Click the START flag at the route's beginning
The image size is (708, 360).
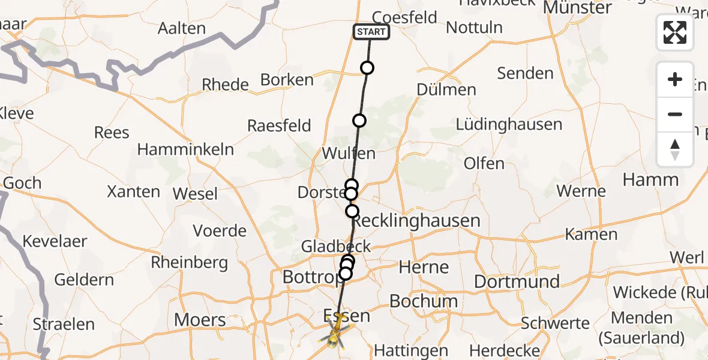tap(371, 32)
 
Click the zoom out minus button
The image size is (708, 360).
tap(675, 114)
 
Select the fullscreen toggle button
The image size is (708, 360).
tap(675, 32)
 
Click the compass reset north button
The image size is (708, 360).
tap(675, 149)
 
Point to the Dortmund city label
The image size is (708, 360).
tap(517, 281)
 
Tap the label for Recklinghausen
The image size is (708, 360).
tap(416, 221)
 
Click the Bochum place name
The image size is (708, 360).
tap(424, 301)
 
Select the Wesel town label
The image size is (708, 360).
tap(195, 194)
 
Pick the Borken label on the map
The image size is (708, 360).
tap(287, 80)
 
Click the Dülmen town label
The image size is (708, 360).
tap(447, 89)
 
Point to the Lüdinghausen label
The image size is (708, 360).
tap(509, 125)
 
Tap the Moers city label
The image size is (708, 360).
tap(200, 319)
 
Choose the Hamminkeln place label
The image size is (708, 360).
tap(185, 149)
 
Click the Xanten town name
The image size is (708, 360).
tap(133, 192)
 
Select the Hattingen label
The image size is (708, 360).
tap(410, 350)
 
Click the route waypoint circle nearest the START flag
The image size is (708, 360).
tap(367, 68)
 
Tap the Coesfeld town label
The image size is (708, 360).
tap(404, 18)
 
